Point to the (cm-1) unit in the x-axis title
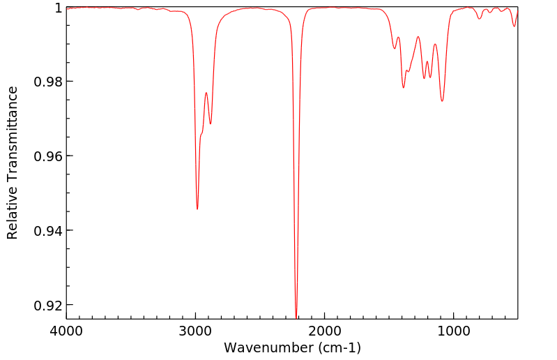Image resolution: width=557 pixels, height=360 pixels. pos(338,347)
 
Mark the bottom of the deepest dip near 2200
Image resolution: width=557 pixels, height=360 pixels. pos(296,317)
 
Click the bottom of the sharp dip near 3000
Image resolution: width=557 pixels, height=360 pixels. pos(197,209)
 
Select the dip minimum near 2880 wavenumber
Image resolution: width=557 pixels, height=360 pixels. pos(211,124)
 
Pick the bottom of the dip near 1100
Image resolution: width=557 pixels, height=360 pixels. pos(442,101)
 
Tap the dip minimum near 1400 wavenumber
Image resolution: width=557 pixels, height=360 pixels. pos(404,87)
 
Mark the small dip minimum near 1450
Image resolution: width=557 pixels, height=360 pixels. pos(395,48)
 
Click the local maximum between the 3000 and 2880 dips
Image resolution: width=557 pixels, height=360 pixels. pos(206,93)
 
